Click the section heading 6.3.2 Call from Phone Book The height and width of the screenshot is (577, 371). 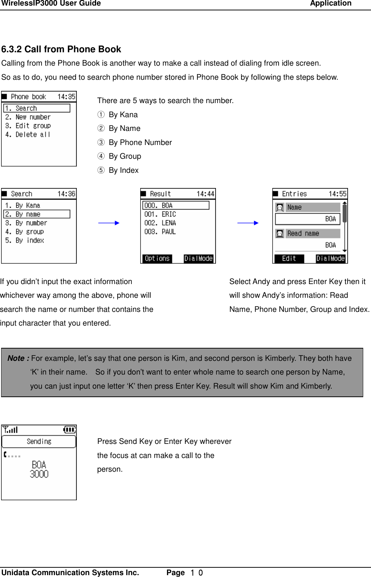[61, 49]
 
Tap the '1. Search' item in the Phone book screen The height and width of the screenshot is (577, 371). [36, 108]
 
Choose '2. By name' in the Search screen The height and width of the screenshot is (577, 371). [36, 214]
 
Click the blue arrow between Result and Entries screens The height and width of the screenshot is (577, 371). [248, 223]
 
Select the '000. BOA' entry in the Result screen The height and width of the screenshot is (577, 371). [175, 205]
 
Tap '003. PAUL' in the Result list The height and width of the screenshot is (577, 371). [160, 232]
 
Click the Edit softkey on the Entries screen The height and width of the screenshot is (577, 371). [289, 258]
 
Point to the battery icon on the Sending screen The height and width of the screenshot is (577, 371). [69, 430]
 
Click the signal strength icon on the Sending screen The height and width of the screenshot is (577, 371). [10, 430]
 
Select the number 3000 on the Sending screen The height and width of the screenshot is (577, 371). [39, 474]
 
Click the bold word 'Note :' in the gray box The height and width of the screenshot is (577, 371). [19, 358]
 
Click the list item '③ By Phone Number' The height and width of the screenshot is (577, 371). [134, 142]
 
